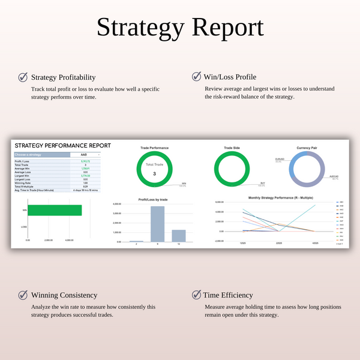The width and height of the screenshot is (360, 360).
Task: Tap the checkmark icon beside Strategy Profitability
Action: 23,77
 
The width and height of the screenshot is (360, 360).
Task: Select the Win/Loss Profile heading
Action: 230,77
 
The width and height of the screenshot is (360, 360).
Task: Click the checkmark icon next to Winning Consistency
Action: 23,295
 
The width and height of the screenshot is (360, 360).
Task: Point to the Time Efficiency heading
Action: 229,295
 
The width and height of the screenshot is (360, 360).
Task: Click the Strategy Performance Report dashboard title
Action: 62,145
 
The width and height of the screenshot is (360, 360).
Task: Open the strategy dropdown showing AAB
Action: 85,155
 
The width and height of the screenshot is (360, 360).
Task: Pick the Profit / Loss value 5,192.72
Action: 85,161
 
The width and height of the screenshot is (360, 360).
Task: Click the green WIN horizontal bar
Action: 55,210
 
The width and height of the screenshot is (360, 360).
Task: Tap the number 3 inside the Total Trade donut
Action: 154,174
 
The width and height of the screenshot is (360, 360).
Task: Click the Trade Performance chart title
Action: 154,148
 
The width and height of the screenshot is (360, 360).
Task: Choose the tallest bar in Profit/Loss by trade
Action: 157,224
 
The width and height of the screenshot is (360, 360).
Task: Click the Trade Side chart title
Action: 232,148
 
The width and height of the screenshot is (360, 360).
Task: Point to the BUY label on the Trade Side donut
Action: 263,184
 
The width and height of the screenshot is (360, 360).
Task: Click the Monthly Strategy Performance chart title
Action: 276,197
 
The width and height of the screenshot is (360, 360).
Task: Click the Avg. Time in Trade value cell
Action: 85,190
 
